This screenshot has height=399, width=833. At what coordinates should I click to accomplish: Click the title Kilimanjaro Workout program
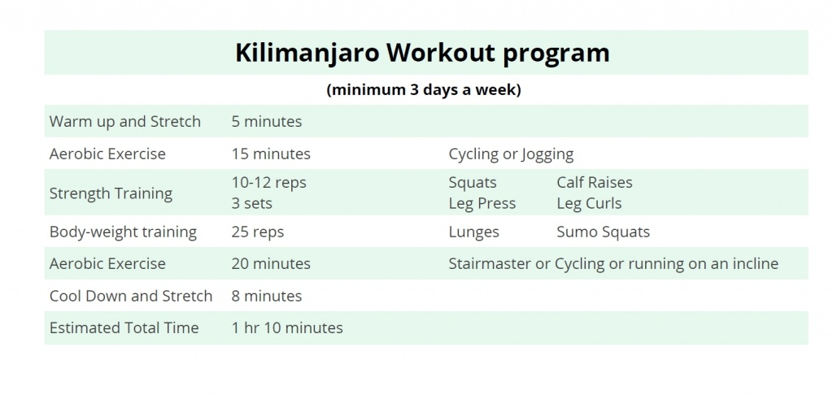click(422, 53)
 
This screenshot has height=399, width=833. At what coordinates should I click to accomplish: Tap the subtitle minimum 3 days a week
click(423, 89)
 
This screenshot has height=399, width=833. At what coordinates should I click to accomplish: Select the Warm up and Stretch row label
click(124, 122)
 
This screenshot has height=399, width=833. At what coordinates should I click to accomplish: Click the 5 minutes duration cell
click(266, 122)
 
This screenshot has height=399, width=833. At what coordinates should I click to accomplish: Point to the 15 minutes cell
click(270, 154)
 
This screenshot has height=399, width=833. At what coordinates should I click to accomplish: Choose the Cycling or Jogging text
click(511, 154)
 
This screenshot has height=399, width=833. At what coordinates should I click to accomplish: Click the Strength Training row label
click(111, 193)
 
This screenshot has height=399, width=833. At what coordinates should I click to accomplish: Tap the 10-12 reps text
click(268, 183)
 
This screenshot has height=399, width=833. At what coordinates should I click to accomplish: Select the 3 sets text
click(251, 203)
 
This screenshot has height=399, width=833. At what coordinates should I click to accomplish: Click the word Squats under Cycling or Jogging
click(472, 183)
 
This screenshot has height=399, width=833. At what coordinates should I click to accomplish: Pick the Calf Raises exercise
click(594, 183)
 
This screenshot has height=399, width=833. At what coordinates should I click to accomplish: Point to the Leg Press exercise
click(482, 203)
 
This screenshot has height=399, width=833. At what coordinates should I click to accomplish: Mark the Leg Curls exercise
click(588, 203)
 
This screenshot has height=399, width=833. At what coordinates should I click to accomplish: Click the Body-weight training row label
click(123, 232)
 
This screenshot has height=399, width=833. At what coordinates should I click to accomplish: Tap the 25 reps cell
click(257, 232)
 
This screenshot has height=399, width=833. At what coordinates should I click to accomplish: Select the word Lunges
click(473, 232)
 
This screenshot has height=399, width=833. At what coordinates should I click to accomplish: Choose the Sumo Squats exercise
click(603, 232)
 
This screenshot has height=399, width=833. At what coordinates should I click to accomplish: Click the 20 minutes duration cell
click(270, 264)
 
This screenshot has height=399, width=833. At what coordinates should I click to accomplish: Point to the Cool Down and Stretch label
click(130, 296)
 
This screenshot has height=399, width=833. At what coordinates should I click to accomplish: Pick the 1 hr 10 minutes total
click(286, 328)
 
